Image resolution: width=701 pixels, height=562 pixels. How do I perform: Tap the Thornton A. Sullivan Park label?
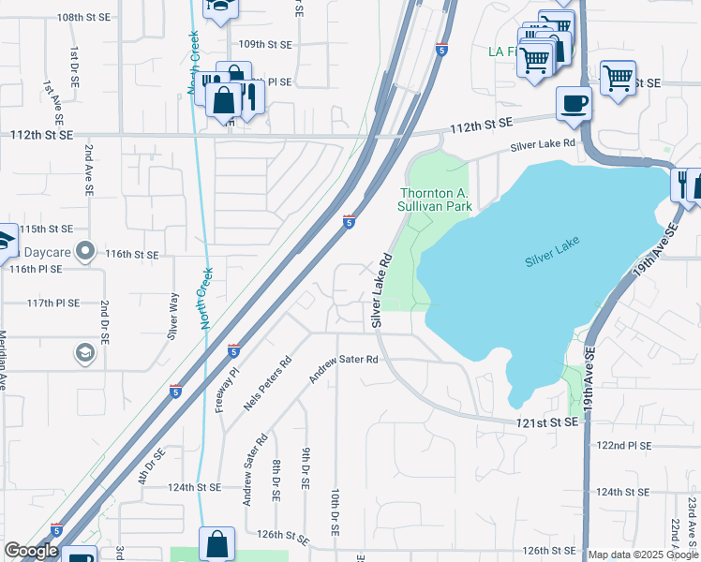click(434, 199)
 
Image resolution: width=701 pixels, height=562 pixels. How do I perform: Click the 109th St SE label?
click(266, 44)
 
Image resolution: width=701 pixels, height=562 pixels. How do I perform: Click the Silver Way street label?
click(172, 317)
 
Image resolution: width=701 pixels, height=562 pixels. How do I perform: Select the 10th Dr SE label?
click(335, 511)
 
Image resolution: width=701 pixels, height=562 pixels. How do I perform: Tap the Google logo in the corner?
click(31, 551)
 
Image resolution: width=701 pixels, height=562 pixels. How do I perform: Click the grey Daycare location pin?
click(86, 250)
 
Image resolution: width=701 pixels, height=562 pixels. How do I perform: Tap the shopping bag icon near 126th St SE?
click(217, 543)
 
